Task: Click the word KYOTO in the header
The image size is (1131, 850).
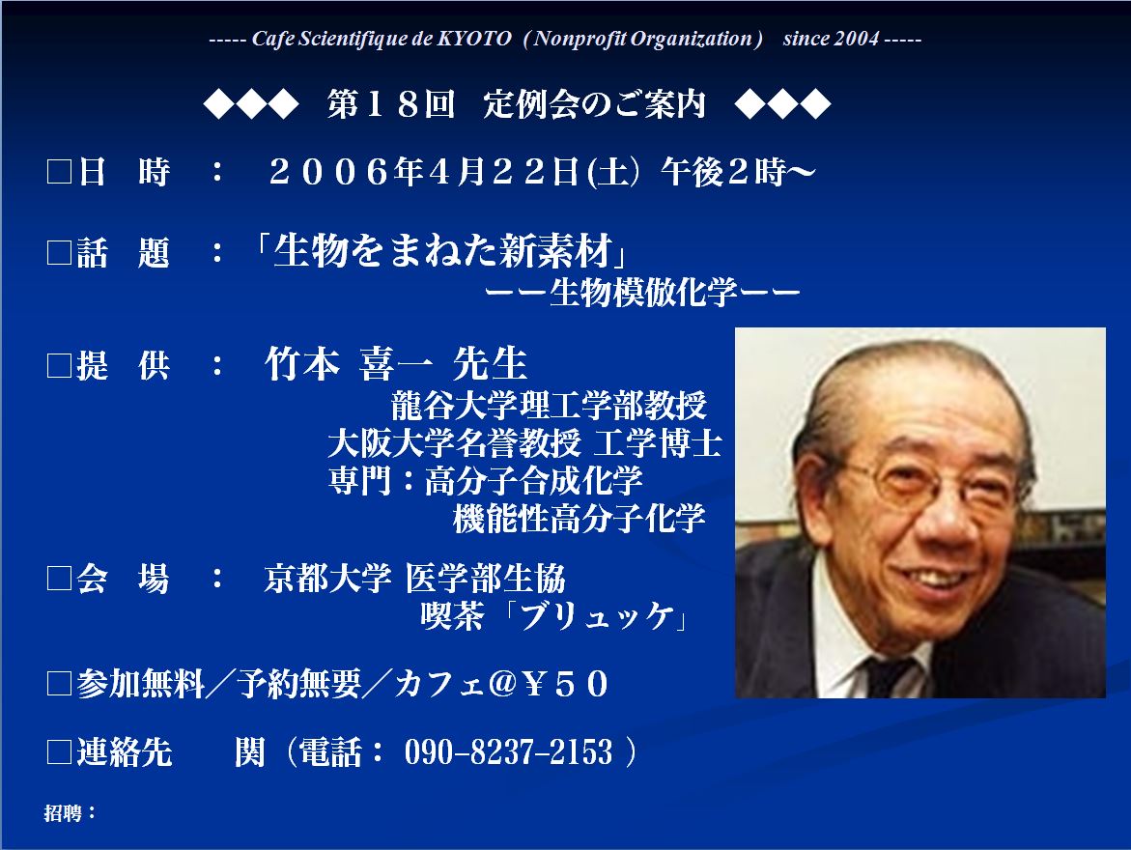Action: [x=474, y=39]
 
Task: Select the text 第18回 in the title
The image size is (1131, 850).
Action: [x=391, y=104]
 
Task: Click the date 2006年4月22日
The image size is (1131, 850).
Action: [x=423, y=172]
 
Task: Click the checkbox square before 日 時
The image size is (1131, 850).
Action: [x=59, y=173]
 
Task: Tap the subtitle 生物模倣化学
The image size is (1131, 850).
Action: [x=643, y=293]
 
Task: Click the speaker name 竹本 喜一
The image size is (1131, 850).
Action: [x=349, y=363]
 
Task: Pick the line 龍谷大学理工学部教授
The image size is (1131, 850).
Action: [x=549, y=406]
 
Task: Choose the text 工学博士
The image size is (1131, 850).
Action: [x=657, y=443]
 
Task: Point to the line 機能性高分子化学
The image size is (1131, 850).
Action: [x=579, y=518]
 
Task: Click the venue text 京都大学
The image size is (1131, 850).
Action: [x=327, y=578]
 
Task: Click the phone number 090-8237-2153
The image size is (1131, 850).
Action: [x=509, y=751]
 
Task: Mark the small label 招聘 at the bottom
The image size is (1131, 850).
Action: [x=63, y=813]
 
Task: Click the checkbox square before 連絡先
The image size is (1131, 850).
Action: [x=59, y=752]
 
